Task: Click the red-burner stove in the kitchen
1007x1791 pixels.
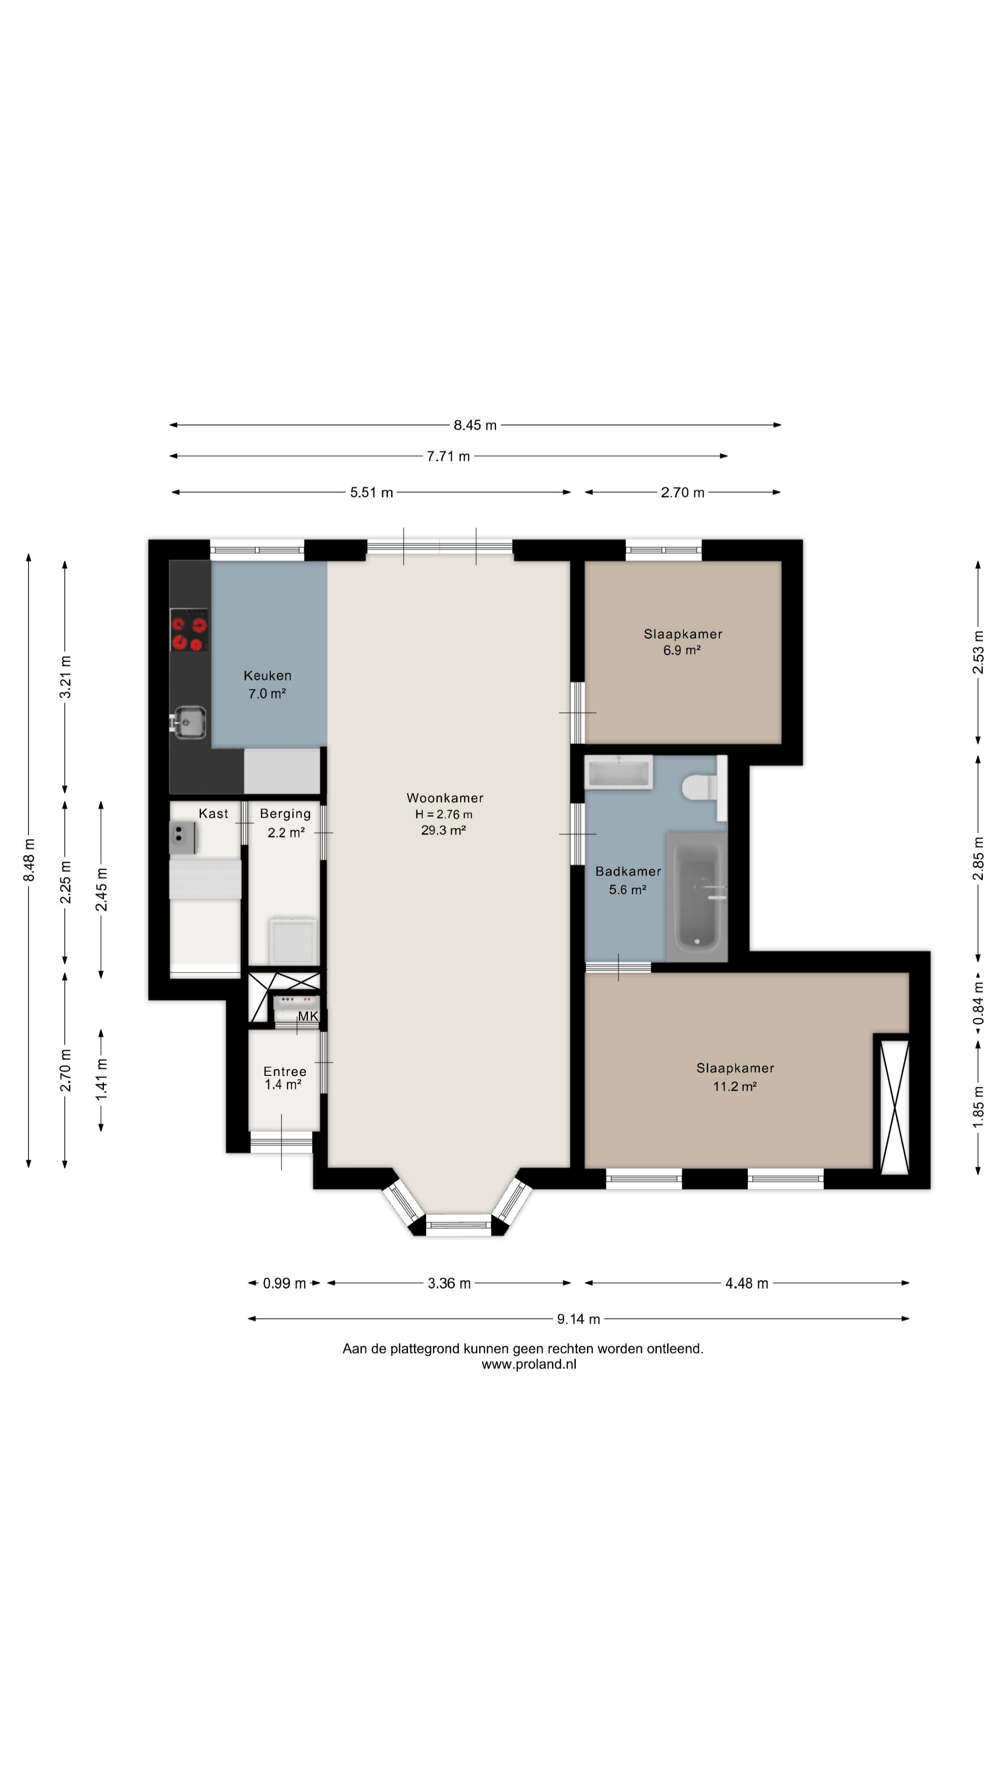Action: (x=189, y=630)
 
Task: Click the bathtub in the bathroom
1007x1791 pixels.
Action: (x=697, y=896)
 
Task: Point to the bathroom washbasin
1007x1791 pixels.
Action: (x=619, y=772)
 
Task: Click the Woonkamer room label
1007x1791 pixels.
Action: (x=445, y=798)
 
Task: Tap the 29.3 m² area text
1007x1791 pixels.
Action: (x=443, y=830)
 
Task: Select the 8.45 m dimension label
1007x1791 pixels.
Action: (x=476, y=425)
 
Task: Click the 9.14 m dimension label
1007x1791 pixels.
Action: (x=578, y=1319)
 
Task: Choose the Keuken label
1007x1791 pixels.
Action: (x=268, y=675)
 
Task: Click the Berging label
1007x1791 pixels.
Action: (x=286, y=813)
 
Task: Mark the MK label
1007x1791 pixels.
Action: (x=308, y=1016)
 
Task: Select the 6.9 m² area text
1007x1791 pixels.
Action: (x=682, y=651)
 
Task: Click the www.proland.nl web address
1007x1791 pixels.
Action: (x=529, y=1364)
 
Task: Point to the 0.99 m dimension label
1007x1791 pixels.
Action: (x=284, y=1284)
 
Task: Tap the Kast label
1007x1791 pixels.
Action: (x=214, y=813)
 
